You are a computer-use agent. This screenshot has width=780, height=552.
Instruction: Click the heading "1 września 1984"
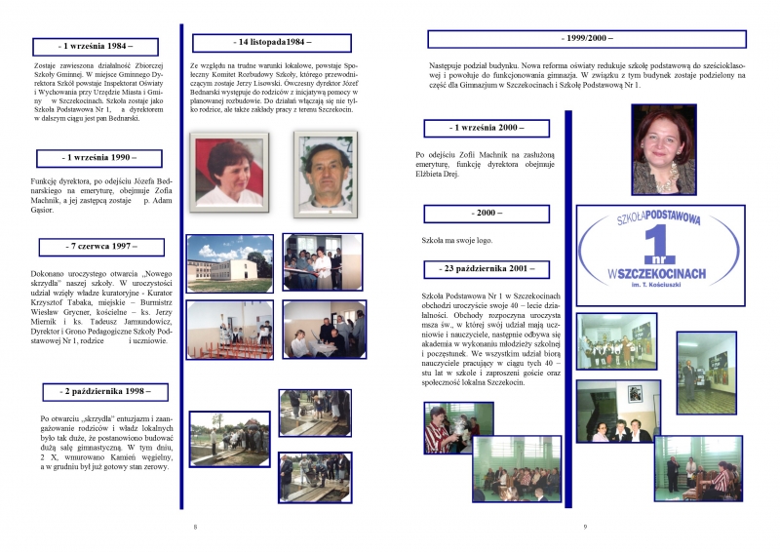click(96, 46)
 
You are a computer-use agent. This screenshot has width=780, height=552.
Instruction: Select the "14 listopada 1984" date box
click(257, 43)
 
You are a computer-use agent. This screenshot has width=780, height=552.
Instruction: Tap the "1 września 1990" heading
click(99, 157)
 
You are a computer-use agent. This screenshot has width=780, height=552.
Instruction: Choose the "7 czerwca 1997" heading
click(100, 247)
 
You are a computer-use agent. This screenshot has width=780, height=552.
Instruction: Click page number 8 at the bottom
click(195, 527)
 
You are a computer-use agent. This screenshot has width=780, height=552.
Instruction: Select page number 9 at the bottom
click(584, 527)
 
